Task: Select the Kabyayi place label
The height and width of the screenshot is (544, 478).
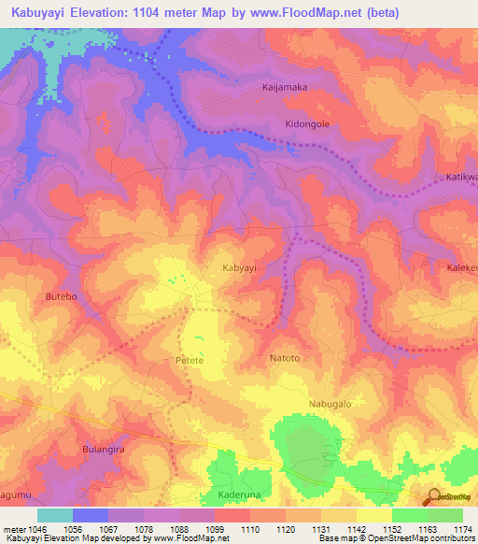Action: (x=239, y=267)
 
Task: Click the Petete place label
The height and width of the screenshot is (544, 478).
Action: (x=190, y=359)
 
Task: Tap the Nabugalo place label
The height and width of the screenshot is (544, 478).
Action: (x=330, y=404)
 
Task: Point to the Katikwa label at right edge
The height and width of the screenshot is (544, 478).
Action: (x=460, y=177)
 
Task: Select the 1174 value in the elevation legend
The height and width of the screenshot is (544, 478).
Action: (x=463, y=530)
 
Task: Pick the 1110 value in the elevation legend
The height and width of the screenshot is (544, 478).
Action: (x=251, y=530)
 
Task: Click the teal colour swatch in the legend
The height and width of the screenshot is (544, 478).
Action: (x=55, y=515)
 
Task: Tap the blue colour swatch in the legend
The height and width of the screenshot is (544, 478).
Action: (x=91, y=515)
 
